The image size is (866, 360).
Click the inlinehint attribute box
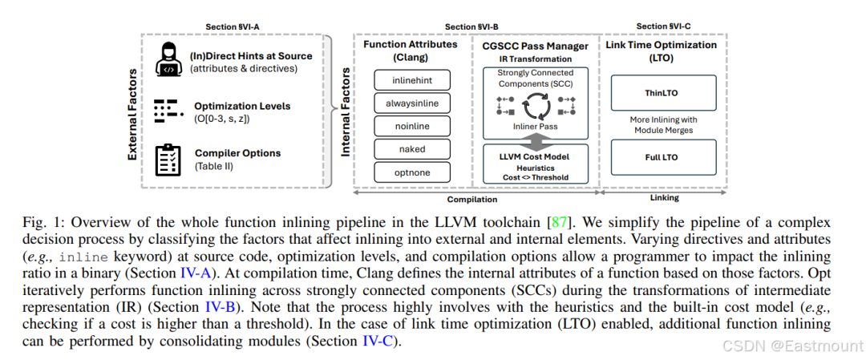412,80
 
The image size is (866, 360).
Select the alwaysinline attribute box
412,103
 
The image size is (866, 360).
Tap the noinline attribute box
412,127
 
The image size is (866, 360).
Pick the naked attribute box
412,149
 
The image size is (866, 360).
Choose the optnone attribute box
412,172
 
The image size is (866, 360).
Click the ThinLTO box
664,93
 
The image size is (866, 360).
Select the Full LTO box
664,157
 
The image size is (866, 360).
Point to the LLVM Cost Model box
536,164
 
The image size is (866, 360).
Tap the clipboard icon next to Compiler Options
168,160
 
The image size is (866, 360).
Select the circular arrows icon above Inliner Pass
536,106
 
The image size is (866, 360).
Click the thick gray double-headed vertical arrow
536,140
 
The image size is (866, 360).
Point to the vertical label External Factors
132,115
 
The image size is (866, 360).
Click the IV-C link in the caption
378,342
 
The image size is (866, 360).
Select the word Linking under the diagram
664,198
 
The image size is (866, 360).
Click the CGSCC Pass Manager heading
536,45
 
